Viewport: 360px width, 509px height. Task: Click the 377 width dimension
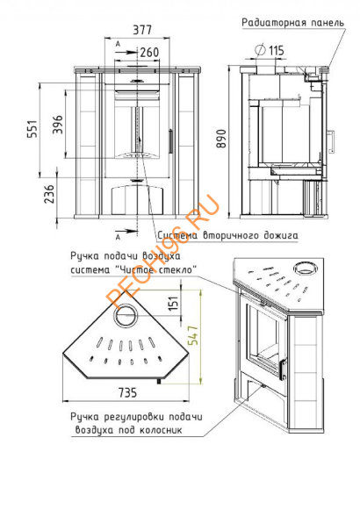142,30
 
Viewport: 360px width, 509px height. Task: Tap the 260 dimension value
149,52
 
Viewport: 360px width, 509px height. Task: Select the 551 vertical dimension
32,129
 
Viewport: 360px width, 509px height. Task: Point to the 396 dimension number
58,124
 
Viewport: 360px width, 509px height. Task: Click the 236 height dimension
49,194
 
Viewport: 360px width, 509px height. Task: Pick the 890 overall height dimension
222,139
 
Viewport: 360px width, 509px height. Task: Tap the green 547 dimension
193,335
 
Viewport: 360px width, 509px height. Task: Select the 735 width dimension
127,392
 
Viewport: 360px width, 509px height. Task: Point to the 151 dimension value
174,303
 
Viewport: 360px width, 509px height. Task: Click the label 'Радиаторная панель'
292,23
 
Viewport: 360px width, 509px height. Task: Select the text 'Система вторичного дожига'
227,235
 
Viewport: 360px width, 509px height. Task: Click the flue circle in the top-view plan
126,315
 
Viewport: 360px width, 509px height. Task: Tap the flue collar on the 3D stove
305,269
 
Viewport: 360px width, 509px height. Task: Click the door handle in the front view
170,140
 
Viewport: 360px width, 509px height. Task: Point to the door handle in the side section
331,141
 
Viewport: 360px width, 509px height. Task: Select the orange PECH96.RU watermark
163,252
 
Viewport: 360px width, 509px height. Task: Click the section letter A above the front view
118,44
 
